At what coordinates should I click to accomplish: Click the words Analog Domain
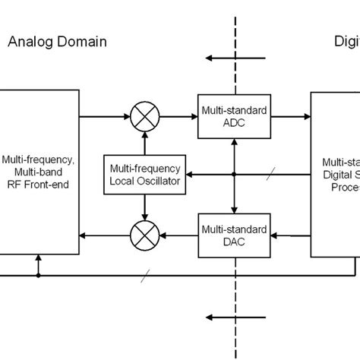[x=57, y=42]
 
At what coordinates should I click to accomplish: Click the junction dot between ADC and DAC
[x=234, y=174]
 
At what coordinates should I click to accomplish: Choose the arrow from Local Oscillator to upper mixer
[x=142, y=142]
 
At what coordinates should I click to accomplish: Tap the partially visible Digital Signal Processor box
[x=335, y=175]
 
